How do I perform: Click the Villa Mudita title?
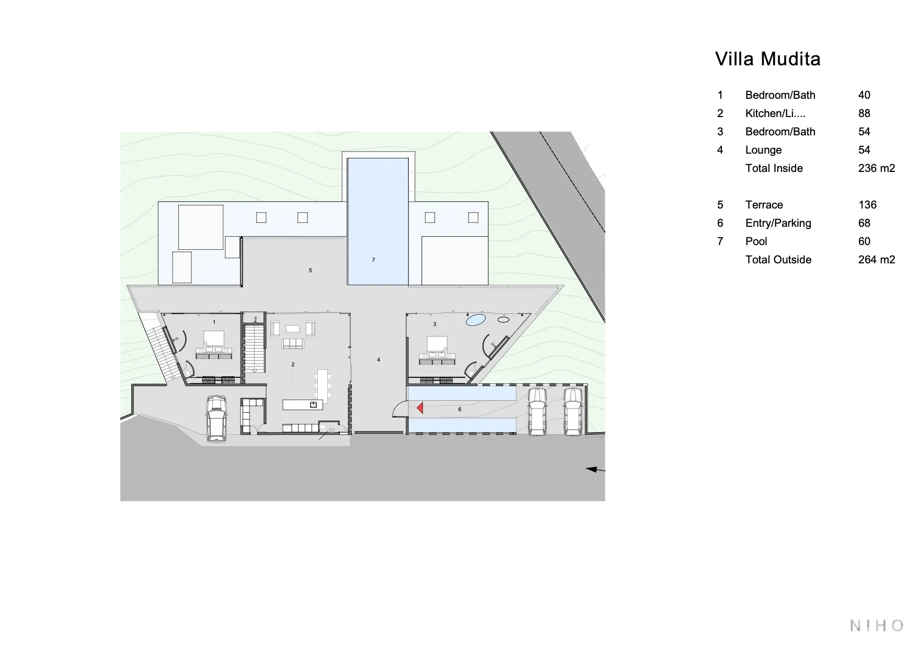click(x=767, y=59)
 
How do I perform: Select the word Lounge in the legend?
click(x=763, y=150)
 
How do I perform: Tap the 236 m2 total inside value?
click(x=877, y=168)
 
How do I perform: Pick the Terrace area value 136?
click(x=867, y=205)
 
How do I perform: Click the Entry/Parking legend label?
click(x=778, y=223)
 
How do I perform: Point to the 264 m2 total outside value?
click(x=877, y=260)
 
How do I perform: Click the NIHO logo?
click(x=877, y=625)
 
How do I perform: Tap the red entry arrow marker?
click(x=420, y=408)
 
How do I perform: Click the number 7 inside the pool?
click(x=373, y=260)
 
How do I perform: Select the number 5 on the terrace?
click(x=311, y=270)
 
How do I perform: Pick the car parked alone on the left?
click(x=216, y=419)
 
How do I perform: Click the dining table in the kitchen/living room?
click(x=323, y=383)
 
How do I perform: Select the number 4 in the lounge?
click(x=378, y=360)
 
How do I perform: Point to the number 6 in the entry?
click(x=460, y=409)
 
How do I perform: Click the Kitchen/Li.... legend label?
click(x=775, y=113)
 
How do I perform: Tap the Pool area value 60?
click(x=864, y=241)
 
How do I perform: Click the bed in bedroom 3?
click(x=437, y=344)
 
